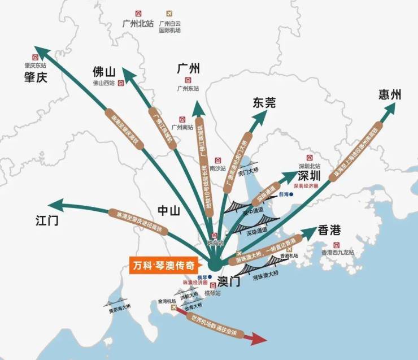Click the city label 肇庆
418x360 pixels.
[36, 76]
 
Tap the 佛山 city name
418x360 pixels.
[104, 72]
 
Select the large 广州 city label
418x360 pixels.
[188, 69]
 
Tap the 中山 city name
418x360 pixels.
[168, 211]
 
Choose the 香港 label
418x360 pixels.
[329, 230]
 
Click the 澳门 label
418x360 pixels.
[229, 280]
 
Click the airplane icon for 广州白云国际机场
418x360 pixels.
[169, 13]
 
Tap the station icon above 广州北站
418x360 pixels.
[138, 13]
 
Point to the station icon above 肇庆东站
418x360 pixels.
[35, 57]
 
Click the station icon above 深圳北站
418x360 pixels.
[309, 158]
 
